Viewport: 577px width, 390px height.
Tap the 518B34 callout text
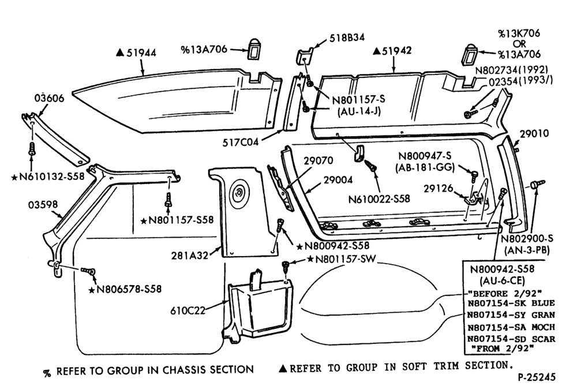pyautogui.click(x=347, y=37)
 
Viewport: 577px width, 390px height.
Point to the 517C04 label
pyautogui.click(x=240, y=142)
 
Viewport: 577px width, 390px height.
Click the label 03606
pyautogui.click(x=49, y=98)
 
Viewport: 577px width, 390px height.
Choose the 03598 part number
pyautogui.click(x=43, y=204)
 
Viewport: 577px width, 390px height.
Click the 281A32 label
pyautogui.click(x=189, y=255)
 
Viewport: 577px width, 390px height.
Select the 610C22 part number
pyautogui.click(x=188, y=310)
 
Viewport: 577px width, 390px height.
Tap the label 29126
pyautogui.click(x=439, y=189)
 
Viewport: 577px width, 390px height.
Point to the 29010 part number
pyautogui.click(x=534, y=133)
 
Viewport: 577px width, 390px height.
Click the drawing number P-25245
pyautogui.click(x=537, y=377)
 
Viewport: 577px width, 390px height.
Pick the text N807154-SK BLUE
pyautogui.click(x=511, y=303)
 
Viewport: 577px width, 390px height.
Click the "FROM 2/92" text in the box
pyautogui.click(x=502, y=348)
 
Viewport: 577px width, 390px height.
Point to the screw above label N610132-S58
pyautogui.click(x=32, y=148)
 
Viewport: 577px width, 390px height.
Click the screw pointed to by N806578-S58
pyautogui.click(x=88, y=271)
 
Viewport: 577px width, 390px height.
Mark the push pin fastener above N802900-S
pyautogui.click(x=538, y=184)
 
